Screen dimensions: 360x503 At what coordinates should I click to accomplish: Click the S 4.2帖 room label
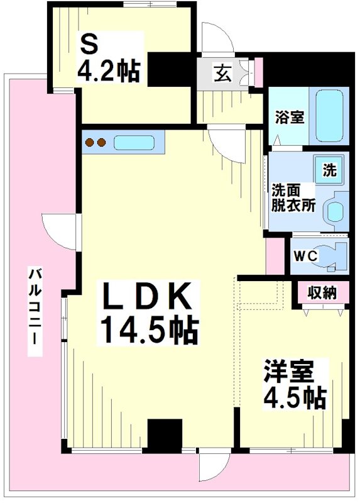pyautogui.click(x=109, y=60)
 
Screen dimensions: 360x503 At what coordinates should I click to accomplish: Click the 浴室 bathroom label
pyautogui.click(x=289, y=118)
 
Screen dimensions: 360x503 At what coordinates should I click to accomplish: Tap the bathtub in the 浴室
pyautogui.click(x=329, y=116)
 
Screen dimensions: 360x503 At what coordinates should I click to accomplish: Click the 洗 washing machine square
pyautogui.click(x=329, y=170)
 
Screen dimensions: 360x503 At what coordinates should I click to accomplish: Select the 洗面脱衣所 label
pyautogui.click(x=293, y=198)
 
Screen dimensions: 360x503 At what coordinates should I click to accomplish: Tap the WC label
pyautogui.click(x=306, y=256)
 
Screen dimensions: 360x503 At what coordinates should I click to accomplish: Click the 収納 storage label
pyautogui.click(x=322, y=293)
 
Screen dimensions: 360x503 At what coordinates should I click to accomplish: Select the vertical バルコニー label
pyautogui.click(x=35, y=311)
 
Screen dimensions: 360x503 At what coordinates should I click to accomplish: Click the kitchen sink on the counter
pyautogui.click(x=134, y=143)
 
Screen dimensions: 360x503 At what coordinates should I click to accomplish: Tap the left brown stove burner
pyautogui.click(x=89, y=142)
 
